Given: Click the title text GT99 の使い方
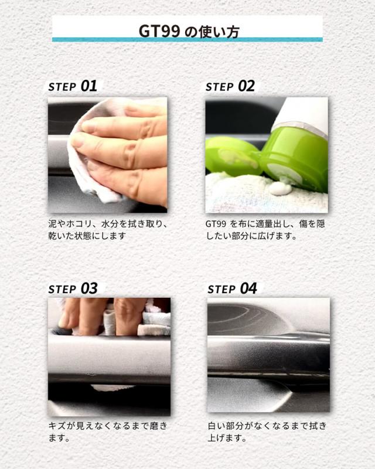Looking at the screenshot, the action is tap(189, 32).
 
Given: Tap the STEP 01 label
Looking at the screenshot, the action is tap(73, 86).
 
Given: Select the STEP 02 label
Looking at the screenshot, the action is tap(230, 86).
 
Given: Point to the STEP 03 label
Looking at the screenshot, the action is tap(73, 288).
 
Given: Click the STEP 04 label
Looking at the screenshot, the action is tap(233, 288).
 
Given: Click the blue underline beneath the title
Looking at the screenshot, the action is tap(187, 39).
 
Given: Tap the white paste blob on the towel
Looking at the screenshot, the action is tap(280, 188).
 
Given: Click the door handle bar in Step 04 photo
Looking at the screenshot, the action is tap(268, 356).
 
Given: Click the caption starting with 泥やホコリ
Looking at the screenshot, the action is tap(108, 230).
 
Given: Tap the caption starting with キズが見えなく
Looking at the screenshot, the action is tap(108, 431).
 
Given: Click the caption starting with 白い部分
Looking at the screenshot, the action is tap(267, 431).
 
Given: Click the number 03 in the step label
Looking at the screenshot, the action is tap(89, 288).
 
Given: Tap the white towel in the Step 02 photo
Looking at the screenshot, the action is tap(266, 193).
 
